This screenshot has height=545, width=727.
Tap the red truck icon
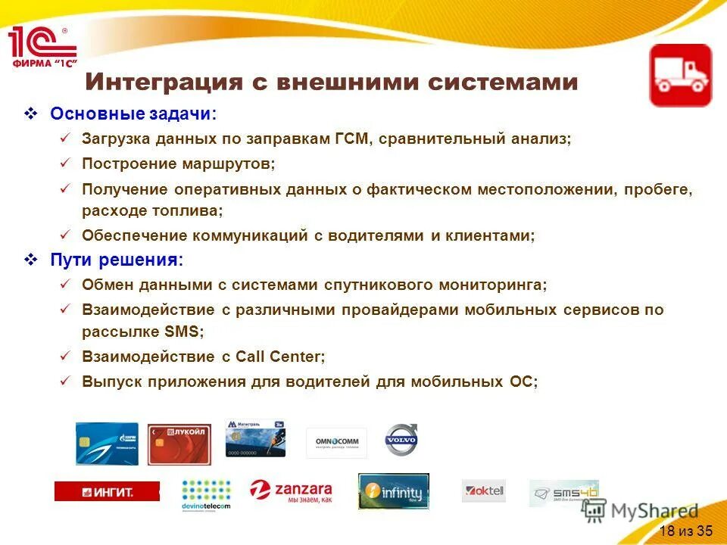[680, 75]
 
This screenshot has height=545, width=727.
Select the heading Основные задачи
[133, 114]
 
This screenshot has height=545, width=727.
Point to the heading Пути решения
[117, 260]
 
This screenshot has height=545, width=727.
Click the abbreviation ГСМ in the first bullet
[350, 140]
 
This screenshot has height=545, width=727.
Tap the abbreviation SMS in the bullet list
[182, 332]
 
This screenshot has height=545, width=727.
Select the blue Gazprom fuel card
[107, 444]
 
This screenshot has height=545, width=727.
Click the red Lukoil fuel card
[179, 444]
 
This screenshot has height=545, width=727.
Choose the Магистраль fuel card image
[255, 439]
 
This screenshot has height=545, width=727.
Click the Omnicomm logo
[336, 443]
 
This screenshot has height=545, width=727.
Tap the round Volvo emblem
[401, 440]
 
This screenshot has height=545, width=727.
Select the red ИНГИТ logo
[107, 491]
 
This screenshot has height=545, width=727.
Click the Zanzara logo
[291, 492]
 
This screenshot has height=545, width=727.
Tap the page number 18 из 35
[685, 530]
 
